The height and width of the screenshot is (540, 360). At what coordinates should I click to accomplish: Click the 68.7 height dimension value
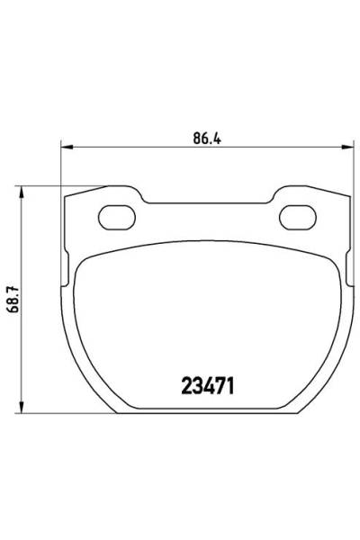[14, 299]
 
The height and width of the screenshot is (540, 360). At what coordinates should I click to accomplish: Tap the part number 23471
[208, 386]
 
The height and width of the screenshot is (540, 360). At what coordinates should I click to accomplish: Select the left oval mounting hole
[117, 217]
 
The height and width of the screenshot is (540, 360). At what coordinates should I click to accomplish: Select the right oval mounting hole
[298, 217]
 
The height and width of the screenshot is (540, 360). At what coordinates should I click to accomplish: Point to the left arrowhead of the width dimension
[67, 148]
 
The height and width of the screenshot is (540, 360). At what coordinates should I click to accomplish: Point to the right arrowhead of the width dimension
[347, 148]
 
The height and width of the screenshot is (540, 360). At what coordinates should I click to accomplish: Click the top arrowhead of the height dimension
[22, 193]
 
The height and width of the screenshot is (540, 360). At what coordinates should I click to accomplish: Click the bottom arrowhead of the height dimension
[22, 407]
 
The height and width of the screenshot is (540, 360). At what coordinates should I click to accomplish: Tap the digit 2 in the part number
[186, 386]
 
